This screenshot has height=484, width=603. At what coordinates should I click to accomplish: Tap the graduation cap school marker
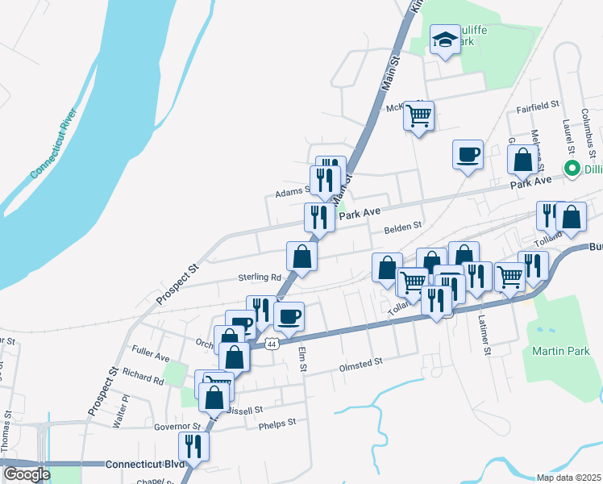pyautogui.click(x=444, y=41)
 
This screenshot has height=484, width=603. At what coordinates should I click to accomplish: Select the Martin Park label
pyautogui.click(x=561, y=351)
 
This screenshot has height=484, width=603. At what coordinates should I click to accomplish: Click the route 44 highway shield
pyautogui.click(x=272, y=344)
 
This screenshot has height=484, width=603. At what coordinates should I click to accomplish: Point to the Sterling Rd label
pyautogui.click(x=257, y=277)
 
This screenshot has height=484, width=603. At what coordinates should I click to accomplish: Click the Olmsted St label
pyautogui.click(x=360, y=364)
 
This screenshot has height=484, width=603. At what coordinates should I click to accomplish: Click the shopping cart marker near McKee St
pyautogui.click(x=418, y=116)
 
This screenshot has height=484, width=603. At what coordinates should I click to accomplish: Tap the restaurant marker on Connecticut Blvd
pyautogui.click(x=193, y=444)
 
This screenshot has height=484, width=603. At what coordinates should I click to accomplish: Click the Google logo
pyautogui.click(x=27, y=474)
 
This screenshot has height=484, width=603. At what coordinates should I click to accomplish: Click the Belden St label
pyautogui.click(x=403, y=227)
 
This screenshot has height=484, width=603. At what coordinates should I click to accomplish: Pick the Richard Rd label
pyautogui.click(x=143, y=375)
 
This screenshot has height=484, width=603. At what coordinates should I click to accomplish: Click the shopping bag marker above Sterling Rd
pyautogui.click(x=301, y=257)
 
